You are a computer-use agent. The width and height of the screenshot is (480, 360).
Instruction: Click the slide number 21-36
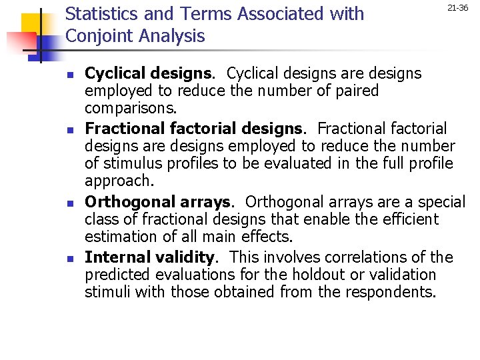point(457,8)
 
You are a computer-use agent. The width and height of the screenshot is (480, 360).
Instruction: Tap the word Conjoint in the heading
point(101,37)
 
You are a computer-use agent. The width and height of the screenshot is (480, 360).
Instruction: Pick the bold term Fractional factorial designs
point(193,129)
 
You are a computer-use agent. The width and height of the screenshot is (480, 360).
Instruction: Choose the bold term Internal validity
point(150,257)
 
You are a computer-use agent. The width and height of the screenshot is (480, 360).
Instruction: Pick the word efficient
point(408,219)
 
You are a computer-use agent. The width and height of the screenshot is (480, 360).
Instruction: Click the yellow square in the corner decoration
point(33,25)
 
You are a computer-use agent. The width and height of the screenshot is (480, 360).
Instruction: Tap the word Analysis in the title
point(174,37)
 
